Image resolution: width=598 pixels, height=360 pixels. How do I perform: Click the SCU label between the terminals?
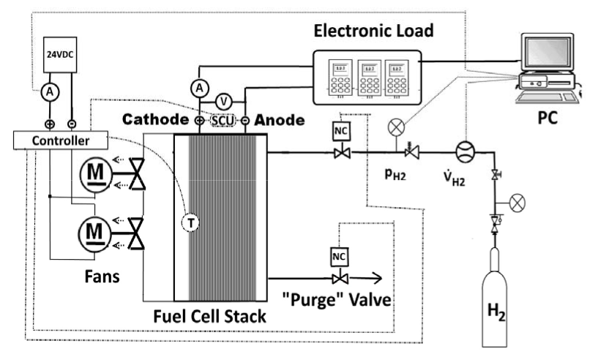pos(223,119)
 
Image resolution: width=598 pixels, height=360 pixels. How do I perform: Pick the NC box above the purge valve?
pos(339,257)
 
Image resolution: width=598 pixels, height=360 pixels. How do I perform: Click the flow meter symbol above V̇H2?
pos(465,152)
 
